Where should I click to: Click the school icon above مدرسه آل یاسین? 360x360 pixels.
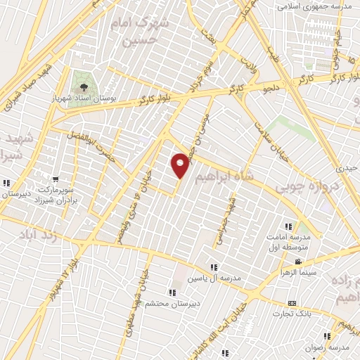coord(214,267)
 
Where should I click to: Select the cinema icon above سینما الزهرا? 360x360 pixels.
coord(298,262)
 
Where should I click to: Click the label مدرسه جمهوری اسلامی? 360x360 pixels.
coord(314,6)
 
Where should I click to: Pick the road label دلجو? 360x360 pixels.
coord(271,89)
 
